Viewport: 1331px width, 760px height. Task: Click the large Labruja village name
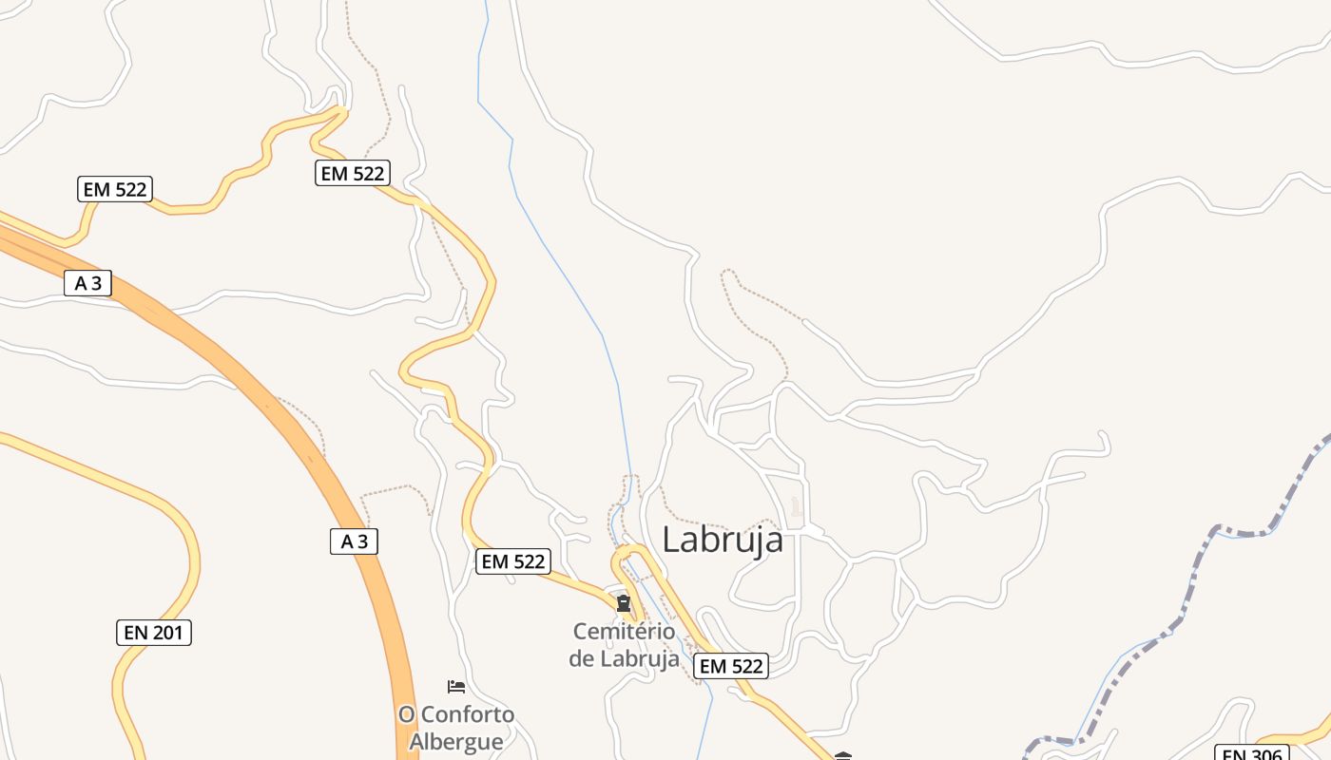point(723,540)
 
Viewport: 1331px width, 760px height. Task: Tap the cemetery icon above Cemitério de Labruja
point(624,603)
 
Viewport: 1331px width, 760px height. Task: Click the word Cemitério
point(624,632)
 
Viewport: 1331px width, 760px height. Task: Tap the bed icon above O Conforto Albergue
point(456,686)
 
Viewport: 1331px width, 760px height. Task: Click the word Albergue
point(456,741)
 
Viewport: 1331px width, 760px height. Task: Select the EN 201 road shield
point(154,633)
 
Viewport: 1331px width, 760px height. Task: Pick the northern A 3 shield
point(88,282)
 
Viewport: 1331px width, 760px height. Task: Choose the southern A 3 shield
point(354,541)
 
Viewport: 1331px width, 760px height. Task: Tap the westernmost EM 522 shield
point(115,189)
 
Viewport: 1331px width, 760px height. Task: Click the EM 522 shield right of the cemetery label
point(730,666)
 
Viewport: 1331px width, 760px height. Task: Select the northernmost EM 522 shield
point(353,173)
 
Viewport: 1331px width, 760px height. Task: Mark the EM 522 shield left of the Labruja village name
point(513,561)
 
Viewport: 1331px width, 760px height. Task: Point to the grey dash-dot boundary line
point(1188,589)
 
